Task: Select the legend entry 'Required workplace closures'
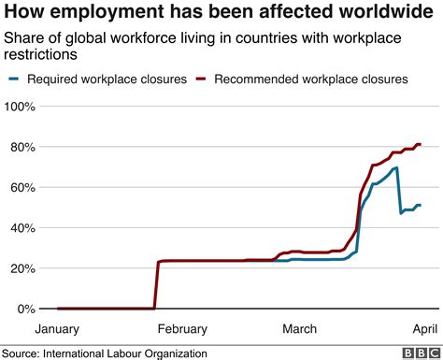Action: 103,79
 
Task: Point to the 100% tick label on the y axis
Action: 21,108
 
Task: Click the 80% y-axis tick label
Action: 24,148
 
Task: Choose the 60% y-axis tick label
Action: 24,188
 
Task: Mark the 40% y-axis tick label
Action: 24,228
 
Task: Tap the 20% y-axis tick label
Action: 24,268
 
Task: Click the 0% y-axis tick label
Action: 28,309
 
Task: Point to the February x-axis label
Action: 181,329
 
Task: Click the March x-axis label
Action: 299,329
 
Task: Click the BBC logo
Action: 419,352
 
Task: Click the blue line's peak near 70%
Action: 397,168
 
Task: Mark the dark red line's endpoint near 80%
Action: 421,144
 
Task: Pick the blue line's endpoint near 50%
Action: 421,205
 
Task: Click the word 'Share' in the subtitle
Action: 24,38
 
